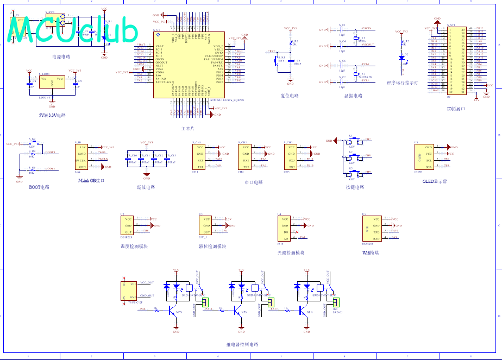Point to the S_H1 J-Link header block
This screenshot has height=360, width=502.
(x=81, y=157)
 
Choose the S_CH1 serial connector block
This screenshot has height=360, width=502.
(x=199, y=157)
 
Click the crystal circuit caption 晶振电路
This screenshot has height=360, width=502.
(x=353, y=96)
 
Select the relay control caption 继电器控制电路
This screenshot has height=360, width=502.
(x=242, y=344)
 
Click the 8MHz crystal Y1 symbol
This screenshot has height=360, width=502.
(x=356, y=39)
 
